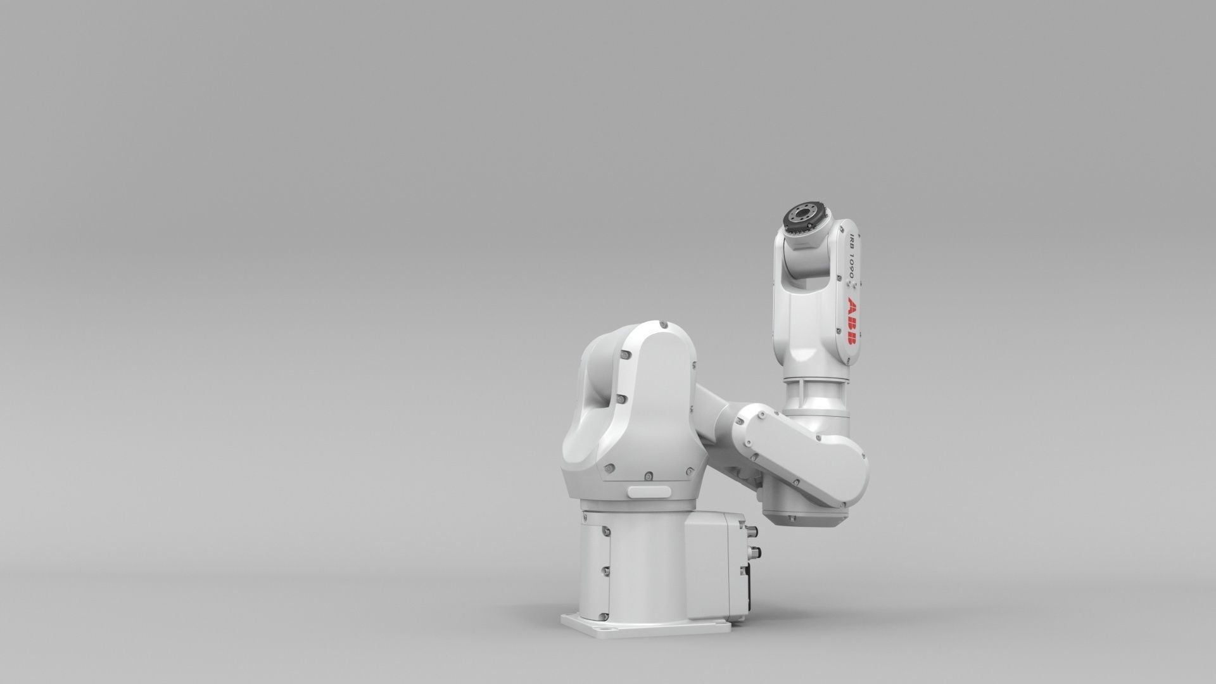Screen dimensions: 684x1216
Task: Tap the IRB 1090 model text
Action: pos(852,256)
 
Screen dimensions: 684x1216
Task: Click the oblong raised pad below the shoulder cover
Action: pos(649,491)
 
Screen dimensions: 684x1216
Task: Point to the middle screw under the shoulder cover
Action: pos(648,475)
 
